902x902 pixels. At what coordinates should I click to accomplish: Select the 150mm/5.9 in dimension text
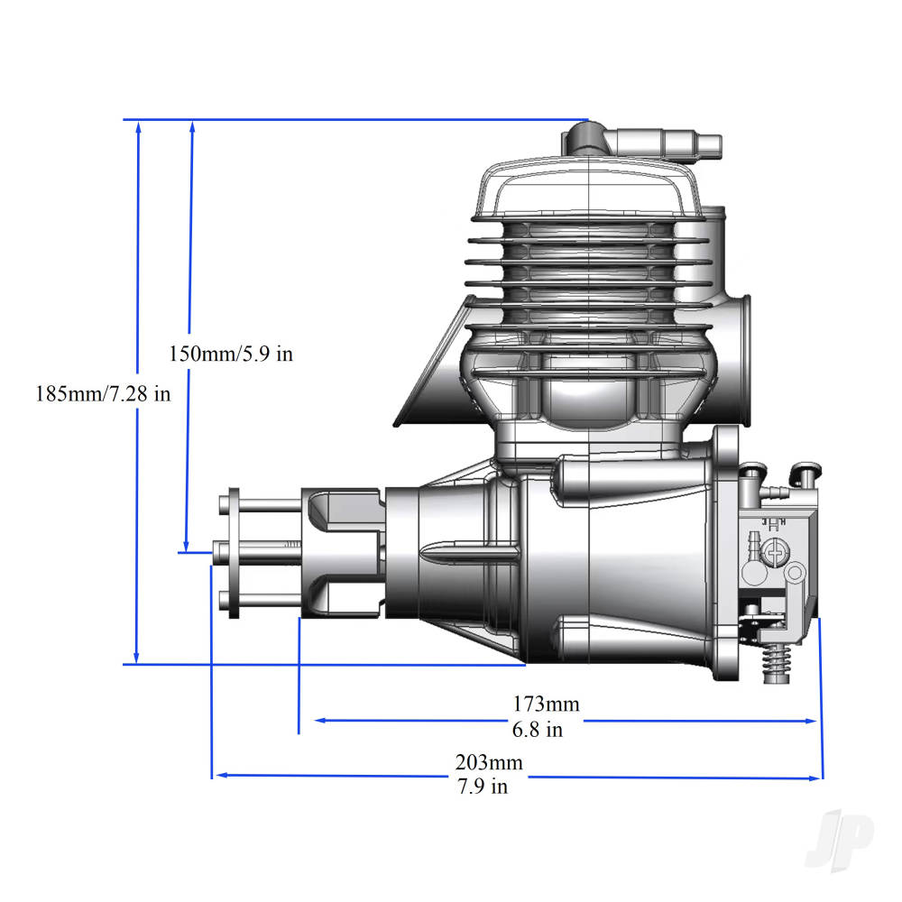coord(231,354)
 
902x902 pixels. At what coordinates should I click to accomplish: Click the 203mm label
coord(488,762)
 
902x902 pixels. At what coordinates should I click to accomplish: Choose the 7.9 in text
coord(482,787)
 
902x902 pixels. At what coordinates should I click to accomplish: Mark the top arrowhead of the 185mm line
coord(138,128)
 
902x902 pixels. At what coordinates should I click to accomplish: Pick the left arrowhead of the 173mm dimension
coord(318,721)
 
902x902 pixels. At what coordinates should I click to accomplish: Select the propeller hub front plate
coord(234,553)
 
